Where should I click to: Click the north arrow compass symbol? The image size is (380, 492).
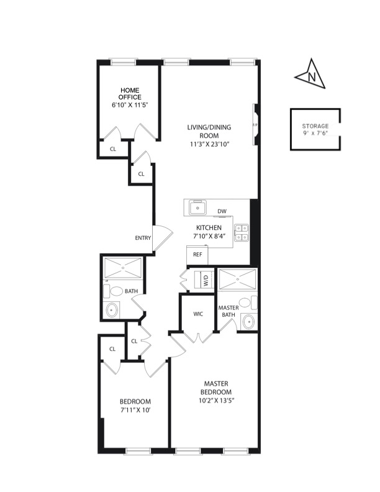coord(310,75)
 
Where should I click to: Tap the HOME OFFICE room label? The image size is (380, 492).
coord(130,94)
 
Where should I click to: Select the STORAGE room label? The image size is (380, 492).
coord(315,126)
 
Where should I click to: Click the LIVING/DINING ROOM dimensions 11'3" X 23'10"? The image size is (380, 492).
coord(210,144)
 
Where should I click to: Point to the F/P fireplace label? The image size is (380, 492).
coord(255,125)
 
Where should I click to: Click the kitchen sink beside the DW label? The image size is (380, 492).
coord(197,207)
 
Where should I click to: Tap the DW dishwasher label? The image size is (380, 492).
coord(222,211)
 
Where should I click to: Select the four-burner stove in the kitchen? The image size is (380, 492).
coord(242,232)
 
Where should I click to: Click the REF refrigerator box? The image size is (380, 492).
coord(197,255)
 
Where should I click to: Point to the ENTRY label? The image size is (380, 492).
coord(143,238)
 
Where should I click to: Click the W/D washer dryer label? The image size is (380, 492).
coord(206,280)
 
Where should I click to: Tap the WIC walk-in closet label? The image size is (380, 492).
coord(198,314)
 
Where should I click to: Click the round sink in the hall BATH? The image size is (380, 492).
coord(112,310)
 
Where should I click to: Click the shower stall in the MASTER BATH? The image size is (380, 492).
coord(237,280)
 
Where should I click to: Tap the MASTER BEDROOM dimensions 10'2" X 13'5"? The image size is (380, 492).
coord(216,401)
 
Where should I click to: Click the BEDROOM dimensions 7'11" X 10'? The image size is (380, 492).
coord(135,410)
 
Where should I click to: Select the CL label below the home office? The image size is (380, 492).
coord(113,149)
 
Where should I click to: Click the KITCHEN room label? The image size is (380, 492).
coord(209,228)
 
